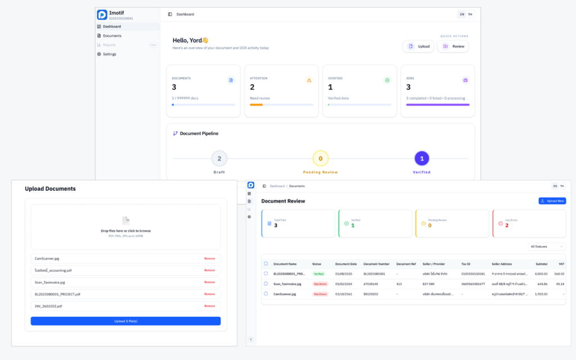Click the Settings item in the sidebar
pyautogui.click(x=109, y=54)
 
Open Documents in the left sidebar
pyautogui.click(x=112, y=35)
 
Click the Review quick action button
pyautogui.click(x=453, y=46)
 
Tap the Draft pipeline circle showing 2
pyautogui.click(x=219, y=159)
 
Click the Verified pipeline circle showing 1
pyautogui.click(x=422, y=159)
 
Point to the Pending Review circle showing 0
pyautogui.click(x=321, y=159)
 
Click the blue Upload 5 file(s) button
pyautogui.click(x=125, y=321)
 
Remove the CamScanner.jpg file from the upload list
pyautogui.click(x=209, y=259)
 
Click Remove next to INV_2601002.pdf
pyautogui.click(x=209, y=306)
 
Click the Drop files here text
pyautogui.click(x=125, y=231)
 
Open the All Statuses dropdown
pyautogui.click(x=546, y=246)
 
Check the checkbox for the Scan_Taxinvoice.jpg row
pyautogui.click(x=266, y=283)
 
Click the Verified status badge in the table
pyautogui.click(x=319, y=273)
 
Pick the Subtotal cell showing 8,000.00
pyautogui.click(x=541, y=273)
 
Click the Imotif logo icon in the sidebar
pyautogui.click(x=102, y=15)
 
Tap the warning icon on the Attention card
pyautogui.click(x=309, y=80)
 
